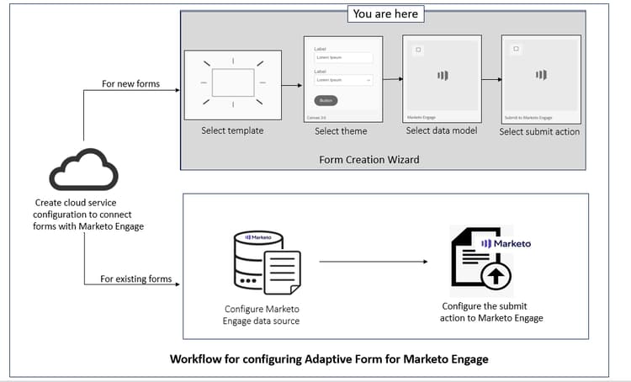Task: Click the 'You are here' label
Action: click(385, 13)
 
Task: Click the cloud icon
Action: click(83, 169)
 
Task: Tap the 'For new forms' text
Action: click(131, 84)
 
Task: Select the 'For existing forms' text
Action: click(136, 279)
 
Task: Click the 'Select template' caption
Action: click(232, 131)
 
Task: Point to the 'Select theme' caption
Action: click(341, 131)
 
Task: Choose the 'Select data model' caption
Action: click(442, 131)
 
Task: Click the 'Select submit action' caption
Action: click(539, 131)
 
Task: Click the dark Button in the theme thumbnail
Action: click(326, 100)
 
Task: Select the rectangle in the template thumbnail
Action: click(232, 82)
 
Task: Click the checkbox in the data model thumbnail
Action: click(418, 50)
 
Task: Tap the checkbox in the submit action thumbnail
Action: click(516, 50)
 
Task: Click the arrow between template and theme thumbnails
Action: click(291, 85)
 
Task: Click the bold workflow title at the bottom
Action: click(329, 359)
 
